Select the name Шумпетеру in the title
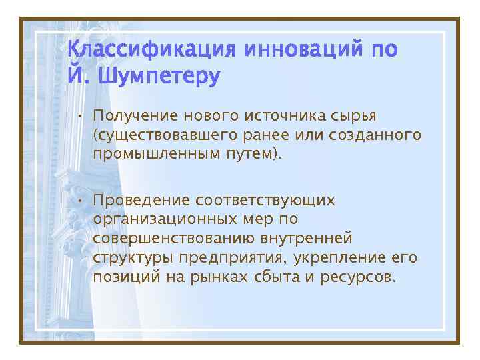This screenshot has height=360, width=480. pos(159,77)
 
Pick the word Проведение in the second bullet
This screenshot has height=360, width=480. pos(141,200)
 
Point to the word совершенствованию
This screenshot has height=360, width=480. pos(176,238)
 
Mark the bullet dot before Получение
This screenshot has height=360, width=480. pos(79,117)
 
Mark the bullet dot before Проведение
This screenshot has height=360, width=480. pos(79,200)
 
